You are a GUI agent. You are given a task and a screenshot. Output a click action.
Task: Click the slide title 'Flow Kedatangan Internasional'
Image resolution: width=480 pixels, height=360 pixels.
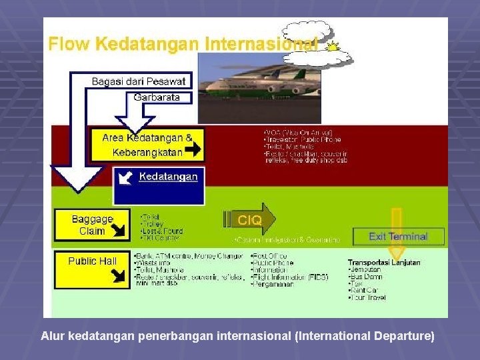pyautogui.click(x=182, y=45)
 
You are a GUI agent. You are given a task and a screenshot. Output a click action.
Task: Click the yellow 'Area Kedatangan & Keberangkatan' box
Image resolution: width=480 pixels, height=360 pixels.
pyautogui.click(x=147, y=143)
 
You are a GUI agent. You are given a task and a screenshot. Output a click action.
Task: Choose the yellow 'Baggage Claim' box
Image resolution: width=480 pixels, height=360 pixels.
pyautogui.click(x=92, y=225)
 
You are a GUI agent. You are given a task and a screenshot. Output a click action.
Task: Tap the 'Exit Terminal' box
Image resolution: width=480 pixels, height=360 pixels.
pyautogui.click(x=399, y=236)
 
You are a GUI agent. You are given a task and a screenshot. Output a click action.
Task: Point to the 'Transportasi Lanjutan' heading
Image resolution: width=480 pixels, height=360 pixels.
pyautogui.click(x=383, y=263)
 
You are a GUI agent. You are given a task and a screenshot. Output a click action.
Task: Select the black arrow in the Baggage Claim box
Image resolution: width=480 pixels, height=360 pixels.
pyautogui.click(x=121, y=231)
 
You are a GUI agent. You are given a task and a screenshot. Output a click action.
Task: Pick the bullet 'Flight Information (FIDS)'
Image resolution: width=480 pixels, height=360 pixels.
pyautogui.click(x=291, y=277)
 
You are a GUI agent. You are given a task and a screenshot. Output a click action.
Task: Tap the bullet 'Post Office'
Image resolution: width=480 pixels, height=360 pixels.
pyautogui.click(x=270, y=256)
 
